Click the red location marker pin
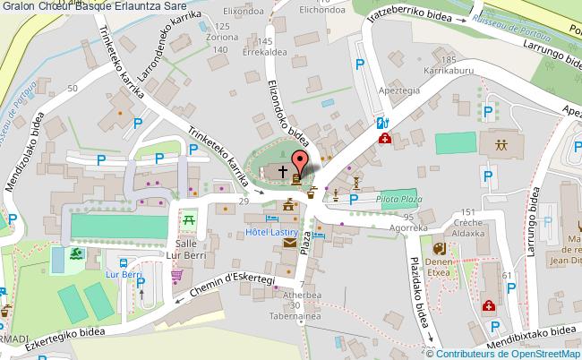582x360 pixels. coord(300,162)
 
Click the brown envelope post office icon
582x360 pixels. coord(289,243)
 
